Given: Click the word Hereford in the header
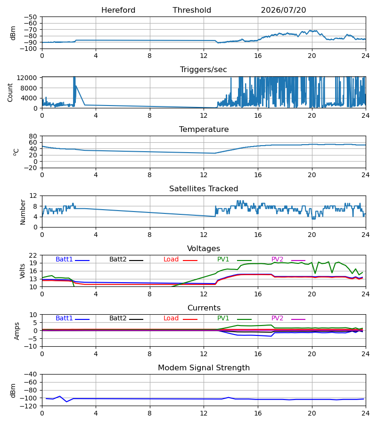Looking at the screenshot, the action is click(x=118, y=10).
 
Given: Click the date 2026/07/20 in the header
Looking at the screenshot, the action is click(x=283, y=10).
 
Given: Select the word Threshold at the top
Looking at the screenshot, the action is click(x=192, y=10).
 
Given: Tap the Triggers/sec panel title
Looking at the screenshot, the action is click(x=204, y=70).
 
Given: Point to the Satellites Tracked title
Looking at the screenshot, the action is click(x=204, y=189).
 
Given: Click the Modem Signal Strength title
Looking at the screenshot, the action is click(x=204, y=368).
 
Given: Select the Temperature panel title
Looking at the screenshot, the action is click(x=204, y=129).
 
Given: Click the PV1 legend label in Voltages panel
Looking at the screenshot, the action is click(x=223, y=259).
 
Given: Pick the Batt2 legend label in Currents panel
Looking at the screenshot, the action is click(x=118, y=318).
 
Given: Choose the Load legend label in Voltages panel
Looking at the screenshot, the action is click(x=171, y=259).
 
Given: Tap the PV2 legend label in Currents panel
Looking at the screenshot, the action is click(x=277, y=318).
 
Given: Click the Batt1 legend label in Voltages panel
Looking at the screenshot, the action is click(x=64, y=259).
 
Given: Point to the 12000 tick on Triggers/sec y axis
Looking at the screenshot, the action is click(x=27, y=78).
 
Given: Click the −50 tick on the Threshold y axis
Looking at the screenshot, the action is click(x=31, y=17).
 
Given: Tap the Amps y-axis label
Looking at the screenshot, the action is click(x=17, y=331).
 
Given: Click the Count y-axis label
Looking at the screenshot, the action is click(x=10, y=92).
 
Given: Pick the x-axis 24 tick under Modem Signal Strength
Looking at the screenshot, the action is click(x=366, y=413).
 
